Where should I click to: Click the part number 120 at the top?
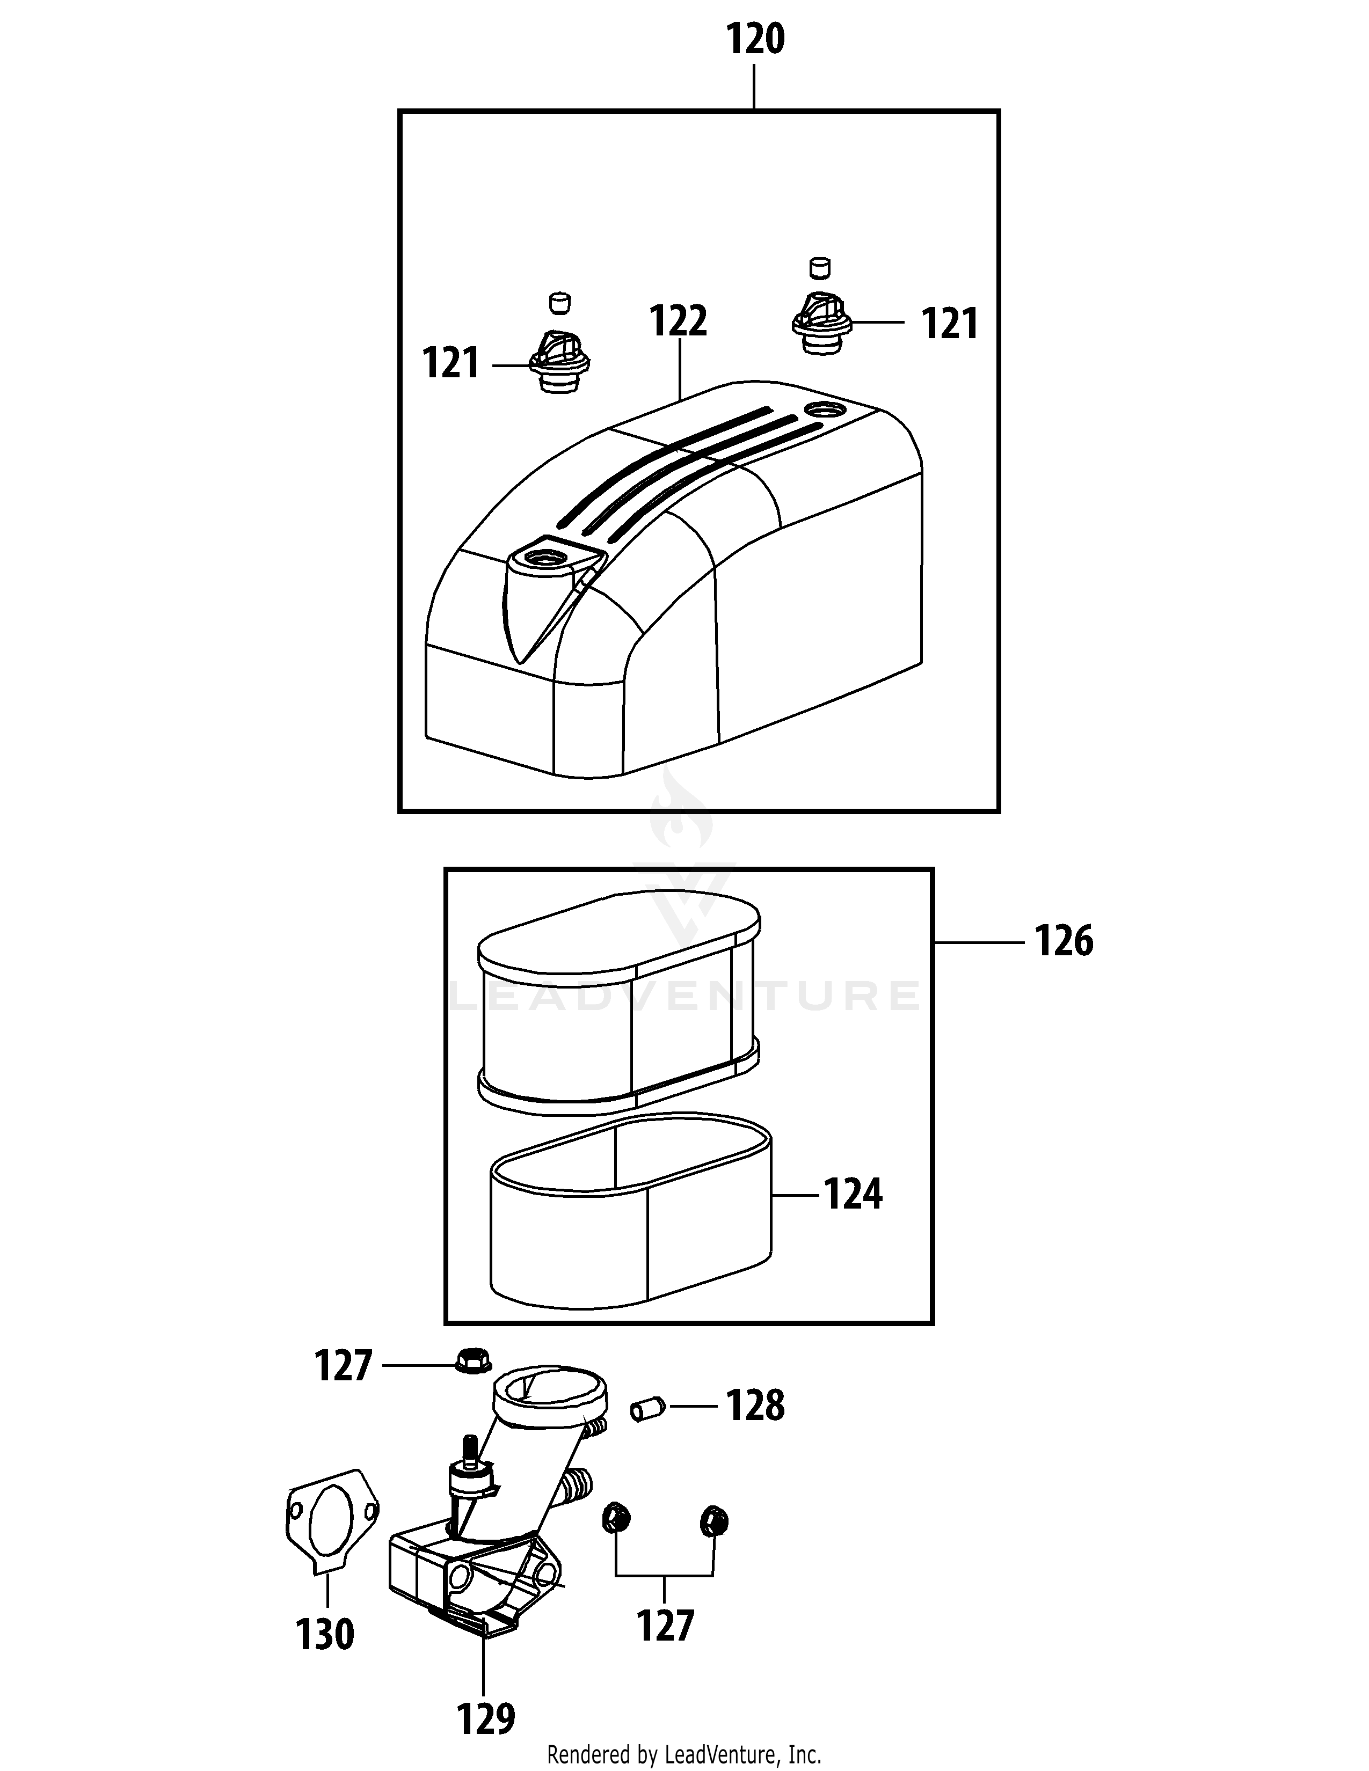755,40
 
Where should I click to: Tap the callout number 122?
679,322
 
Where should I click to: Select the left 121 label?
451,364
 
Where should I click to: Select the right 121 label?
950,324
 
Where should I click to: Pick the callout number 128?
755,1406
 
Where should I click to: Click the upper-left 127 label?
343,1366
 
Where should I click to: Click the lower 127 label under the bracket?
665,1625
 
